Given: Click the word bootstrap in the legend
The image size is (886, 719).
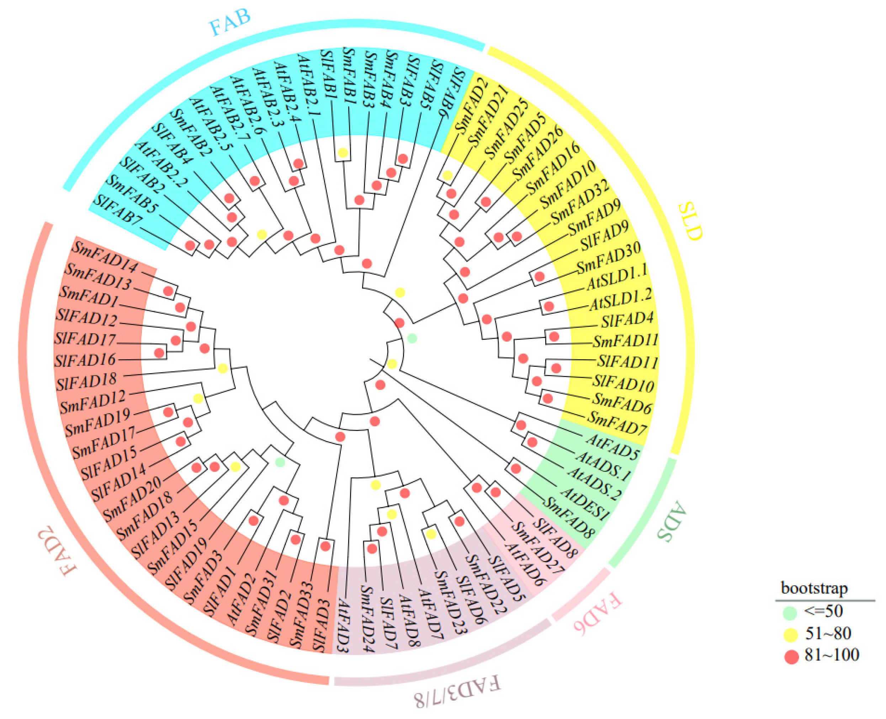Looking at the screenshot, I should click(x=814, y=588).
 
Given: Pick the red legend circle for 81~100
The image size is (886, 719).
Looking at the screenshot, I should click(x=791, y=656).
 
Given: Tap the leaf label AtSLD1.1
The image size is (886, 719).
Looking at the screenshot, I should click(x=616, y=277).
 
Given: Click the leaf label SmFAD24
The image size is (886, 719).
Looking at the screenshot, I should click(x=367, y=619).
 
